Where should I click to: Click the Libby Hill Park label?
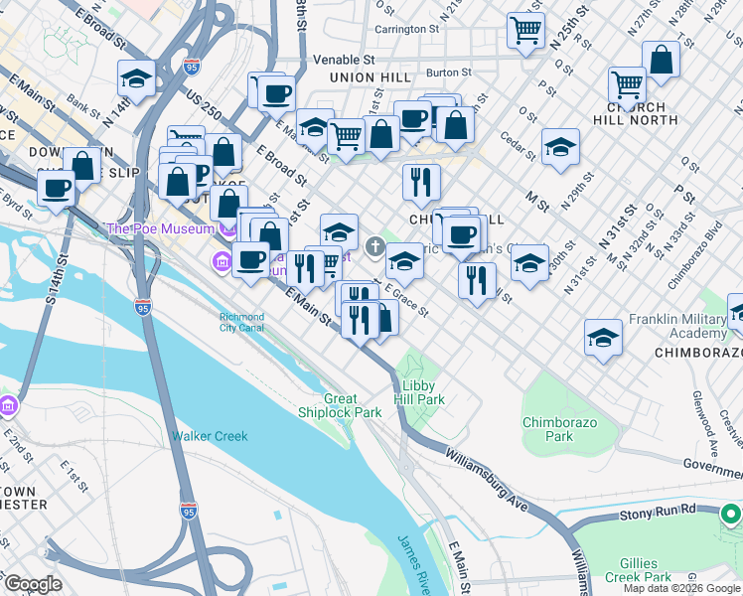pyautogui.click(x=421, y=391)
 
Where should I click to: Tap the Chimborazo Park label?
pyautogui.click(x=547, y=429)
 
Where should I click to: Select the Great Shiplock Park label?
pyautogui.click(x=340, y=405)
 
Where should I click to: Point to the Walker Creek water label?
pyautogui.click(x=210, y=436)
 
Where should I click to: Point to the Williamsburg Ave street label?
pyautogui.click(x=488, y=476)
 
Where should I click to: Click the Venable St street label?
pyautogui.click(x=343, y=60)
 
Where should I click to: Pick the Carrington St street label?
pyautogui.click(x=406, y=29)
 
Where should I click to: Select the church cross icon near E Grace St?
pyautogui.click(x=374, y=246)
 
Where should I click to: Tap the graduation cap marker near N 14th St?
pyautogui.click(x=137, y=76)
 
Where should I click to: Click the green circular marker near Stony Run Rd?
pyautogui.click(x=731, y=514)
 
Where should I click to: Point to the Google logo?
pyautogui.click(x=34, y=584)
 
